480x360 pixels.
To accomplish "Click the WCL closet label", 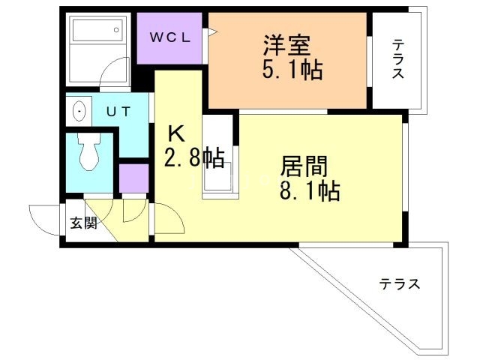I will (x=169, y=37).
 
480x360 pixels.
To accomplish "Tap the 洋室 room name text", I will (x=282, y=45).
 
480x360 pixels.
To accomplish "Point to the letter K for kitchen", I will (x=175, y=134).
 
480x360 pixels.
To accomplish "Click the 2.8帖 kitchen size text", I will (x=193, y=158).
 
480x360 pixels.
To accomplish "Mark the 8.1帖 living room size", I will (x=310, y=191).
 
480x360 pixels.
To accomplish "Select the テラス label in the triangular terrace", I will (x=399, y=284).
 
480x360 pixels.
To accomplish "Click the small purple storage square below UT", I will (x=133, y=178).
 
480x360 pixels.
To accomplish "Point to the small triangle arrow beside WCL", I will (x=212, y=32).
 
